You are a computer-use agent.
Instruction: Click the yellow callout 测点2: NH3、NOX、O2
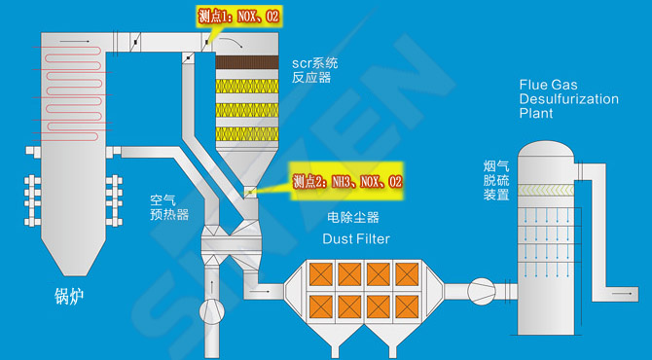click(346, 181)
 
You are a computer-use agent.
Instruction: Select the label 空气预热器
click(169, 206)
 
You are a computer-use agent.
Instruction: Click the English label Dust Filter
click(355, 238)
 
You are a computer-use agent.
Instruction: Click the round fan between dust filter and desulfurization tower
click(481, 290)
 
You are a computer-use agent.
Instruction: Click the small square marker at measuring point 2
click(248, 192)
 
